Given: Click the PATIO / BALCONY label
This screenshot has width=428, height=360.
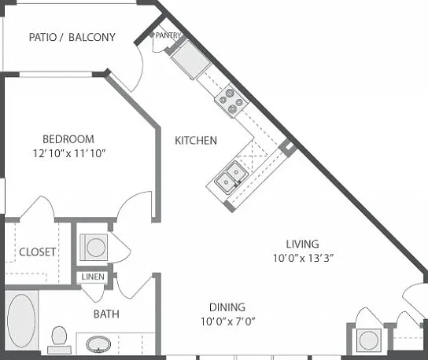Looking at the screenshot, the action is click(72, 37).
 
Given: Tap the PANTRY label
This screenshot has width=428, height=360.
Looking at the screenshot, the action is click(168, 35).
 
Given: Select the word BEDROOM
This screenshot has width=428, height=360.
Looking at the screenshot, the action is click(68, 139).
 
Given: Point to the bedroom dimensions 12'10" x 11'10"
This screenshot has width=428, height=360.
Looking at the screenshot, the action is click(69, 153).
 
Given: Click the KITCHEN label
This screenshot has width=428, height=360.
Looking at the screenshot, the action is click(196, 141).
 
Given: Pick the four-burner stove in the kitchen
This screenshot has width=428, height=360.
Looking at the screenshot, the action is click(232, 101).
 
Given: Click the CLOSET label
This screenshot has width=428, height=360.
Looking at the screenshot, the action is click(38, 252).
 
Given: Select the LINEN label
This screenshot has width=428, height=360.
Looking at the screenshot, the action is click(93, 277).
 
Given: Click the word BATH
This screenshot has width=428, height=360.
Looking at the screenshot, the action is click(106, 314).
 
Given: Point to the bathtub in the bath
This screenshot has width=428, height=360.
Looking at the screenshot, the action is click(21, 321).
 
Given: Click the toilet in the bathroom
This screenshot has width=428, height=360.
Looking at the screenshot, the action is click(59, 340).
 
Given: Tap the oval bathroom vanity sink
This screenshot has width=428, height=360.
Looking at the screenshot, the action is click(98, 344).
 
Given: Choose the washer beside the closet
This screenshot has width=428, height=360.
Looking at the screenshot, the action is click(94, 248).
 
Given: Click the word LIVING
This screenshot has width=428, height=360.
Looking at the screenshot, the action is click(302, 244).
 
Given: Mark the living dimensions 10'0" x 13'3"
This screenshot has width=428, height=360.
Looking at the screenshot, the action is click(303, 258).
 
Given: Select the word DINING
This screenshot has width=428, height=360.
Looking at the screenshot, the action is click(227, 307).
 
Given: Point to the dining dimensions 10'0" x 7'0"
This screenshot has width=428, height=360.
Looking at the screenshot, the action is click(228, 321).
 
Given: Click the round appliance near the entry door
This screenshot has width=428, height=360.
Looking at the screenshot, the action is click(369, 340).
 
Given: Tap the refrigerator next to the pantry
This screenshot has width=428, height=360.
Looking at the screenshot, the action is click(191, 60).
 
